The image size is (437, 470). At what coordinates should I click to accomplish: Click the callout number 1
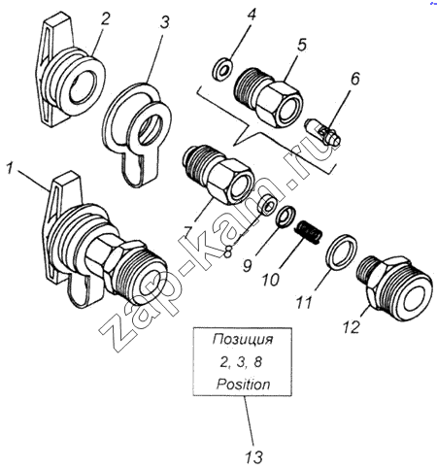pyautogui.click(x=11, y=169)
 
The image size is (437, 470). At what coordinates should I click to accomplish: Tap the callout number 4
pyautogui.click(x=252, y=16)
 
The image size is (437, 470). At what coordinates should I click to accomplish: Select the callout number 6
pyautogui.click(x=355, y=79)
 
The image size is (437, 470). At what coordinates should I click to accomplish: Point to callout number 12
pyautogui.click(x=352, y=327)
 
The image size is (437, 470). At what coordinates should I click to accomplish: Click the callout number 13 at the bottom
pyautogui.click(x=253, y=457)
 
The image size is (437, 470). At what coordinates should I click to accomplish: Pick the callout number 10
pyautogui.click(x=271, y=280)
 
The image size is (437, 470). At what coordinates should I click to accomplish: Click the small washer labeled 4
pyautogui.click(x=222, y=69)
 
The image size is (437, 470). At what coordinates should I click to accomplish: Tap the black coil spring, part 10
pyautogui.click(x=309, y=232)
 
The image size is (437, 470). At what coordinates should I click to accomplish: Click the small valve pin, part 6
pyautogui.click(x=322, y=132)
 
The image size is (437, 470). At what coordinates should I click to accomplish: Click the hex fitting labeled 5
pyautogui.click(x=268, y=97)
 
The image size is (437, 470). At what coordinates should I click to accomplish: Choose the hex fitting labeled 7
pyautogui.click(x=218, y=175)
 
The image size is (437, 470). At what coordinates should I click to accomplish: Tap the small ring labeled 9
pyautogui.click(x=286, y=218)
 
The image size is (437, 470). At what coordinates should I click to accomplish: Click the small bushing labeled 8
pyautogui.click(x=266, y=206)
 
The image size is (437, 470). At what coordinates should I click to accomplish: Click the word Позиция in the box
pyautogui.click(x=243, y=340)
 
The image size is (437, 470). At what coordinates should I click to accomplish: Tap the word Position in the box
pyautogui.click(x=243, y=385)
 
